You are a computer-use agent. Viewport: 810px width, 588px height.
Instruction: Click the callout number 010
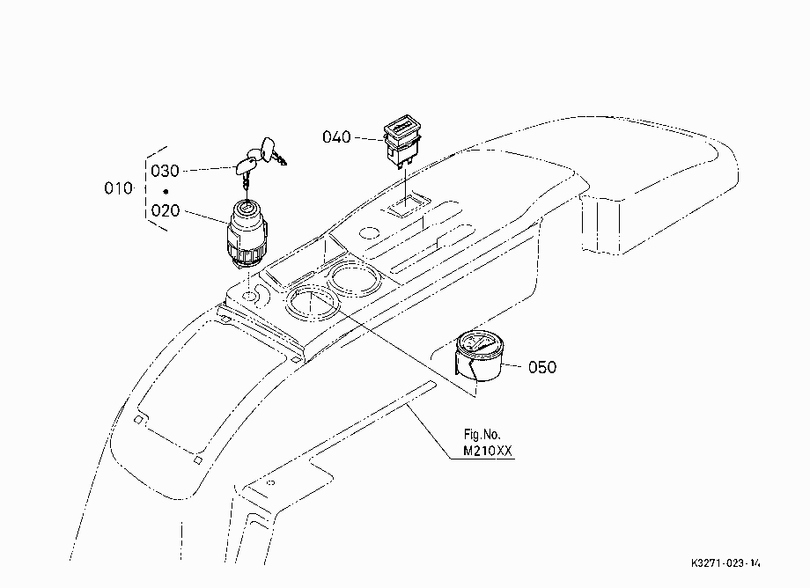tap(118, 188)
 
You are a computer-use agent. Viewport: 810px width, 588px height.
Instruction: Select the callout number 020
tap(166, 210)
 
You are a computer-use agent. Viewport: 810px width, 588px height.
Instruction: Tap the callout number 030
tap(165, 171)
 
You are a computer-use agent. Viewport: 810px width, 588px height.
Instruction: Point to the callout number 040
tap(336, 136)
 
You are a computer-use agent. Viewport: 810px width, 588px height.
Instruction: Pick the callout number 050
tap(542, 368)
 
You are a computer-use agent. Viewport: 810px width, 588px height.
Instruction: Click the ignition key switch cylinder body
tap(247, 234)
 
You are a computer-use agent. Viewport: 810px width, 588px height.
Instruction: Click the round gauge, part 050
tap(478, 356)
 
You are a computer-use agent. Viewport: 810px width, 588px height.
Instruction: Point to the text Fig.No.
tap(482, 435)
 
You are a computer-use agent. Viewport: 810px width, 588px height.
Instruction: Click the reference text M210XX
tap(487, 452)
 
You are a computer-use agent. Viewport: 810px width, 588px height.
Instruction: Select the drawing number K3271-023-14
tap(725, 563)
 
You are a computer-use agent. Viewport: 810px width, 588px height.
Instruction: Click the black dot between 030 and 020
tap(166, 192)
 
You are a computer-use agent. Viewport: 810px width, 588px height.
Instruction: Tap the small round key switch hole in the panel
tap(249, 297)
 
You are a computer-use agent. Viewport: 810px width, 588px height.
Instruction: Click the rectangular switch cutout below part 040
tap(407, 205)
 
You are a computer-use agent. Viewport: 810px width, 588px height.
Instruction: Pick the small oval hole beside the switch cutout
tap(369, 233)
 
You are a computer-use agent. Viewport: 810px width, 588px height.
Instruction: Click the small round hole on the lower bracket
tap(270, 483)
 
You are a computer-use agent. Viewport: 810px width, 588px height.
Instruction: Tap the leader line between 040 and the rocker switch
tap(368, 138)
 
